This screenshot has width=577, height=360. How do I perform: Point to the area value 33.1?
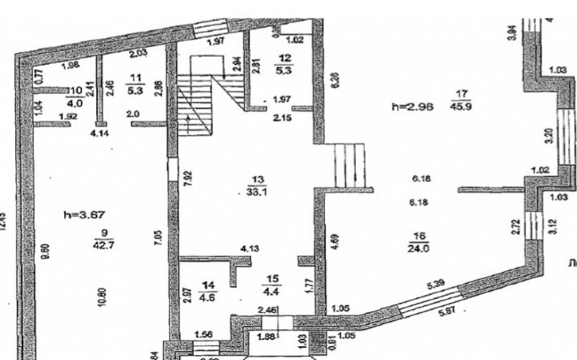(x=259, y=192)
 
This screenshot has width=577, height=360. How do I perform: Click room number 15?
(x=269, y=274)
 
